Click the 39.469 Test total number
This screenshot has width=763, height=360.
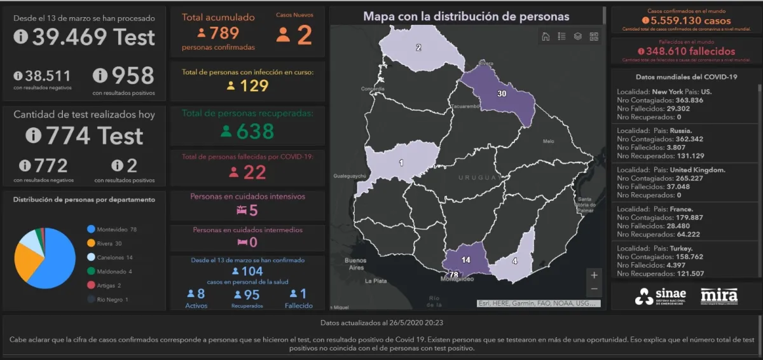tap(93, 38)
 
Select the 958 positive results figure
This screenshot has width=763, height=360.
tap(132, 76)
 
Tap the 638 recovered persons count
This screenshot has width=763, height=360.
tap(255, 132)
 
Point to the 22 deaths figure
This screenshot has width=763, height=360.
tap(254, 172)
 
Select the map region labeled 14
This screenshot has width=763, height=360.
tap(466, 260)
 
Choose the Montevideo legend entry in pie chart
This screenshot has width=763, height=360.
tap(112, 229)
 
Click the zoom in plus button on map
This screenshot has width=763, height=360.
tap(594, 275)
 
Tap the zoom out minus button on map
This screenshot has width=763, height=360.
tap(594, 289)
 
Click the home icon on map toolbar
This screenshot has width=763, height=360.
tap(546, 36)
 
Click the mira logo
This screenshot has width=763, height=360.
tap(718, 296)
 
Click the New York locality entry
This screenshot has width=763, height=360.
tap(664, 92)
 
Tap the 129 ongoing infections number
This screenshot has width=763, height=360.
tap(254, 85)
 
